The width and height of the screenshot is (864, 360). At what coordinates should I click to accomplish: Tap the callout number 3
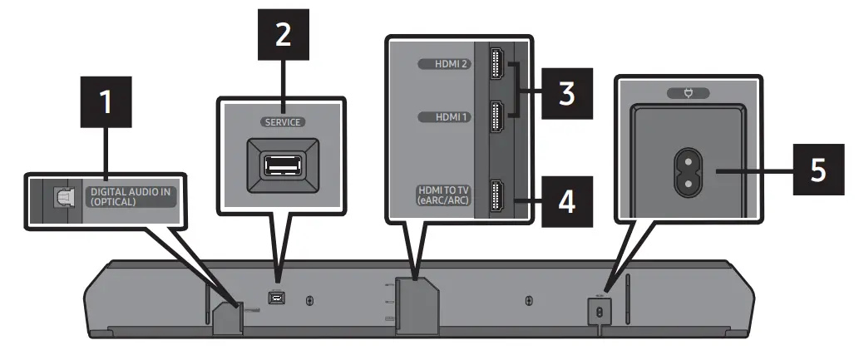click(x=566, y=92)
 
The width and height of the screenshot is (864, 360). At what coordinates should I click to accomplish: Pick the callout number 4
click(x=565, y=201)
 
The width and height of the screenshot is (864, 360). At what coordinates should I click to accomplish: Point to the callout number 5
click(x=817, y=170)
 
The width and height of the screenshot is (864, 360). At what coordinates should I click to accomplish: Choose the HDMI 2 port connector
click(x=496, y=64)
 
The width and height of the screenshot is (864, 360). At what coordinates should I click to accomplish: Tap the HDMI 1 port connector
click(x=496, y=116)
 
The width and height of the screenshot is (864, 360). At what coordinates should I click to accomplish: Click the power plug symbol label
click(x=687, y=93)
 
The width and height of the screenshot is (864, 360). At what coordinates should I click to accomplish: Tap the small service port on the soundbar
click(x=274, y=296)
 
